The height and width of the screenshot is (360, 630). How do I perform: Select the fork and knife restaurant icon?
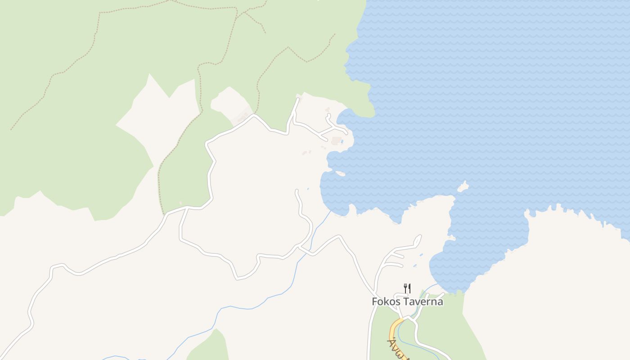tap(407, 288)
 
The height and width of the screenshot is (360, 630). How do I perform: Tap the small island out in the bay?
tap(463, 187)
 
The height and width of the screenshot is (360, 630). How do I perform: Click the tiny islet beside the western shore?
tap(340, 173)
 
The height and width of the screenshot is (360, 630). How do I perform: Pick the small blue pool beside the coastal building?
tap(342, 142)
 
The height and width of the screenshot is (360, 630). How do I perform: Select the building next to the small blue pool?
tap(336, 141)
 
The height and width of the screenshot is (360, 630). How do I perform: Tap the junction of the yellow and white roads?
tap(403, 319)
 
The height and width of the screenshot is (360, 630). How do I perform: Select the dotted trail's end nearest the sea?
tap(335, 34)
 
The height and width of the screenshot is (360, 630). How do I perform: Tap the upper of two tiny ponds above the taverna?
tap(421, 255)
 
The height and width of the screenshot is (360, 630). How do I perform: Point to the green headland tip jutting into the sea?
tap(369, 112)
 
